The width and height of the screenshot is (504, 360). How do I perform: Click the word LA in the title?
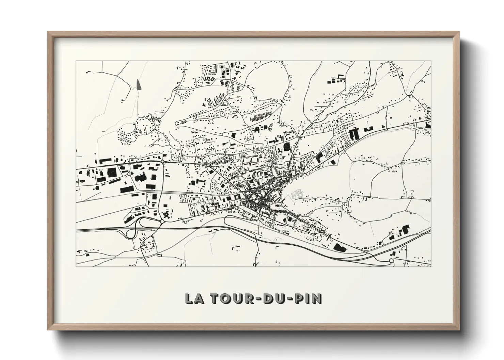coord(193,298)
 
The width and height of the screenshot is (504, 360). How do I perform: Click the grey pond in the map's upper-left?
coord(138,84)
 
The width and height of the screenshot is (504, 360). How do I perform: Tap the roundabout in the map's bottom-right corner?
coord(391,261)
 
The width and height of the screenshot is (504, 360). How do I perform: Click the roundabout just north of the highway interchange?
coord(162,222)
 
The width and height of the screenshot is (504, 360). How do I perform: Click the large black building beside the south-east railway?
coord(339,247)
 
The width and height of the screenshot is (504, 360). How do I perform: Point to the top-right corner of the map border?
coord(431,61)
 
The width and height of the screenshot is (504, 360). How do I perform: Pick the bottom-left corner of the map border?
coord(76,266)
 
